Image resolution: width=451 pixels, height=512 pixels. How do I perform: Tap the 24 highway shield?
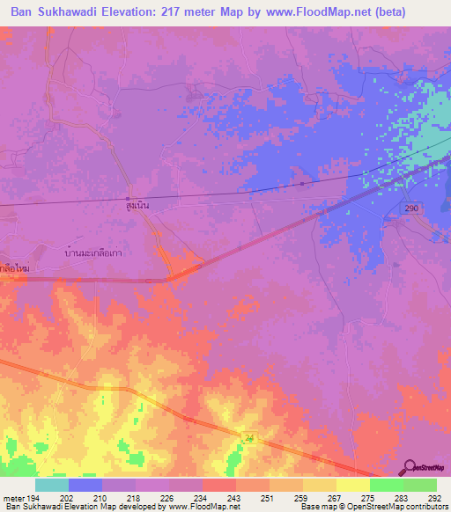tap(249, 438)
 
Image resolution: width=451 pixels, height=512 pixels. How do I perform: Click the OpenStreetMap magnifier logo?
tap(408, 467)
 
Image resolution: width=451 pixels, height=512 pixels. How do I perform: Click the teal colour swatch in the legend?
tap(52, 485)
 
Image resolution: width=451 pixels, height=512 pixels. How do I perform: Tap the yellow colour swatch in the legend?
tap(352, 485)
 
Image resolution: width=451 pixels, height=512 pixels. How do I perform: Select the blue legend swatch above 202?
tap(85, 485)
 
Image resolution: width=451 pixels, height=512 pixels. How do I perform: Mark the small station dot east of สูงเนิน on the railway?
tap(302, 184)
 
